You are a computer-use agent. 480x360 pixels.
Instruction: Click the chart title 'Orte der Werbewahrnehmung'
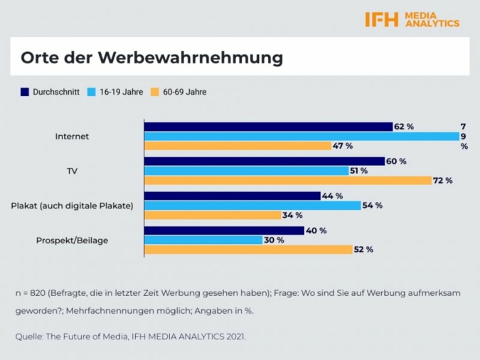coord(151,57)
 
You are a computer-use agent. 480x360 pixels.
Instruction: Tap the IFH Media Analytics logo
coord(412,19)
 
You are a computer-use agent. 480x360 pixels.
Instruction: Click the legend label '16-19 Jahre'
coord(121,92)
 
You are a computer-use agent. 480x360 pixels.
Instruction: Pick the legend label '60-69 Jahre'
coord(184,92)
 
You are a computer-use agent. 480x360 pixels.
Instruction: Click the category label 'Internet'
coord(72,136)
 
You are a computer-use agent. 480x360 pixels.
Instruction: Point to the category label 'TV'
coord(72,171)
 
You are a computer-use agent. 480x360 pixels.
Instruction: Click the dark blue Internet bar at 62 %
coord(268,127)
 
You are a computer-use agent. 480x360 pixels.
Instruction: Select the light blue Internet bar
coord(302,136)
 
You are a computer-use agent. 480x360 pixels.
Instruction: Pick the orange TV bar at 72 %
coord(288,181)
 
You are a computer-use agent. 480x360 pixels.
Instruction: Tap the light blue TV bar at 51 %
coord(246,171)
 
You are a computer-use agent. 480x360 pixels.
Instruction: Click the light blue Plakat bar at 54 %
coord(252,206)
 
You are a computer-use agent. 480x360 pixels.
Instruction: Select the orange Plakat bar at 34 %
coord(213,215)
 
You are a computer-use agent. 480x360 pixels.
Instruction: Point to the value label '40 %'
coord(317,231)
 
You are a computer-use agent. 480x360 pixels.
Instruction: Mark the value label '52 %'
coord(364,250)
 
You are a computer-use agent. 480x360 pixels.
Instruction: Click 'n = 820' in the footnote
coord(33,293)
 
